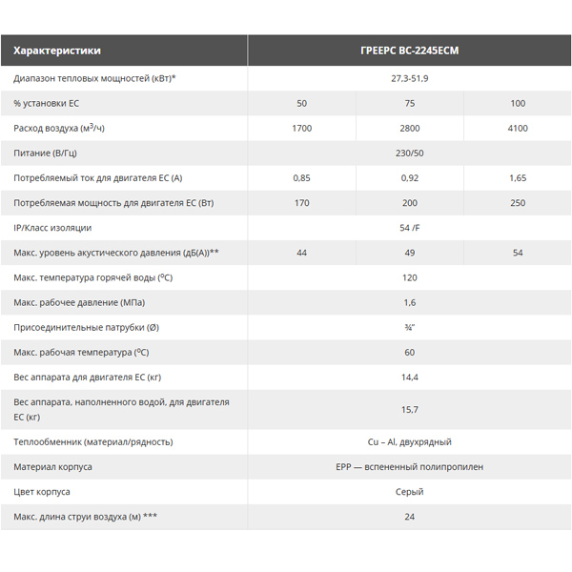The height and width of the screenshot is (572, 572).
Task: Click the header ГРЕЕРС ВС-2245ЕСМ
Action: pos(410,51)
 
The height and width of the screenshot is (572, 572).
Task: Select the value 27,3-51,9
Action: pos(410,77)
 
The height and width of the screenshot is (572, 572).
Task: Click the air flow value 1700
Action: pos(301,127)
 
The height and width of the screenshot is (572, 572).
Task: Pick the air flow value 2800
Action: pos(410,127)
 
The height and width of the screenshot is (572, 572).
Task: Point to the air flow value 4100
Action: pos(518,127)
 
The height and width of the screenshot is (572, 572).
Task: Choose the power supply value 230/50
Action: pos(410,152)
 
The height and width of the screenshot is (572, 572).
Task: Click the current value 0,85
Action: pos(301,177)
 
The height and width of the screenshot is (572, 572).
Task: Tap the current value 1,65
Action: pos(518,177)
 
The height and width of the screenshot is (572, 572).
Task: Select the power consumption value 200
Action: pos(410,202)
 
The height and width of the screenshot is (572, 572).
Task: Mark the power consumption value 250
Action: pos(518,202)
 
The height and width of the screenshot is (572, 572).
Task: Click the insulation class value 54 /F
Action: pos(410,228)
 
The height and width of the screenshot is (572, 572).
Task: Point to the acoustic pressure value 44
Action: pos(301,253)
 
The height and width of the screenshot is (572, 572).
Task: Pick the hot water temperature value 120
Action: pos(410,277)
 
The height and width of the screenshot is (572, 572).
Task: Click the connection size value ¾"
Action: pos(410,328)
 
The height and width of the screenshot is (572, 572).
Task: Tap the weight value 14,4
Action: pos(410,378)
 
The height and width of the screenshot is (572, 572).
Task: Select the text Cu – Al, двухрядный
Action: pos(410,441)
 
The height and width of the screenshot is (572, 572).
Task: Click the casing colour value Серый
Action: pos(410,492)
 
